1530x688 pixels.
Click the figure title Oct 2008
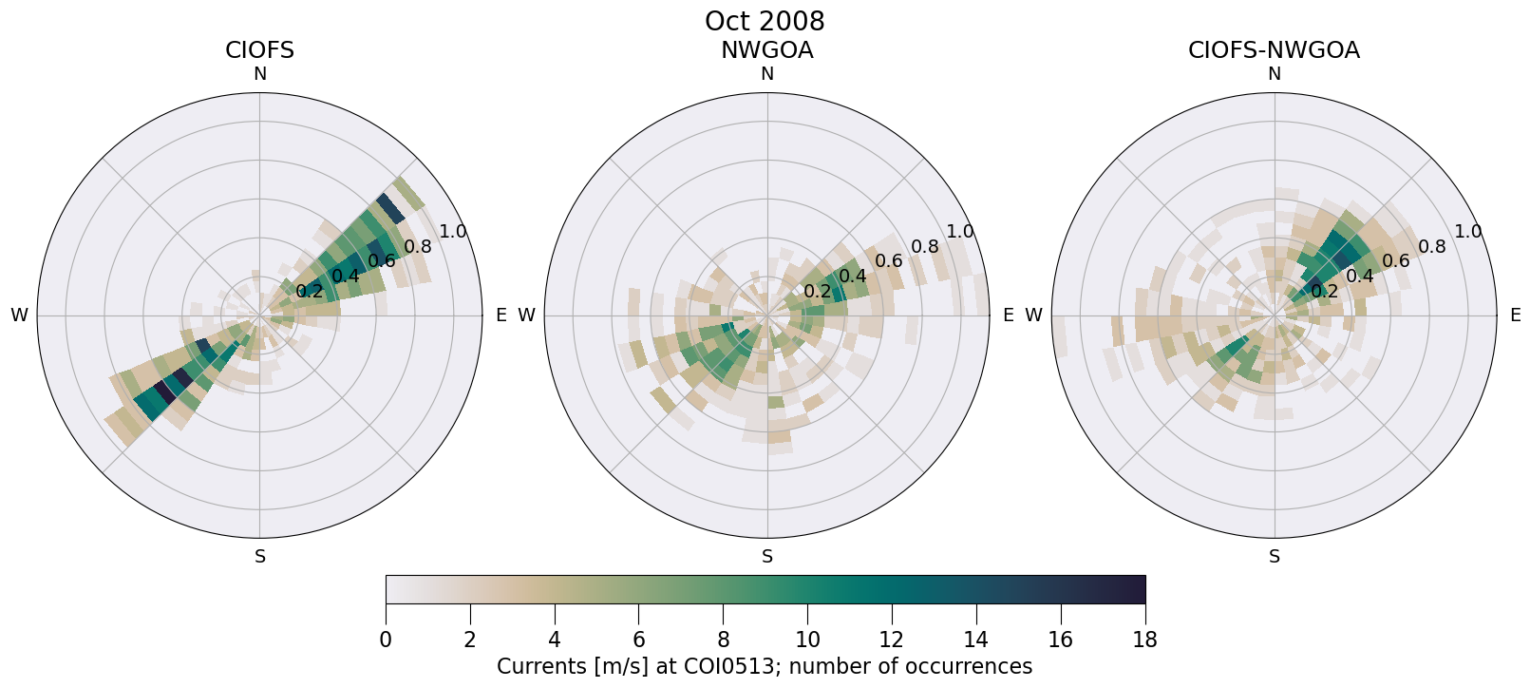pos(765,21)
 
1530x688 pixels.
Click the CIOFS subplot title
pos(259,50)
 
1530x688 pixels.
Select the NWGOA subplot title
pos(766,50)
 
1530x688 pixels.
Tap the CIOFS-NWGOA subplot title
pos(1274,50)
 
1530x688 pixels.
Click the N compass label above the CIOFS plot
pos(259,74)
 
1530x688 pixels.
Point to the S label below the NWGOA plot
pos(767,557)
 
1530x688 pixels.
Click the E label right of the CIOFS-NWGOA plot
pos(1516,315)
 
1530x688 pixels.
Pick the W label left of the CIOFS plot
pos(19,315)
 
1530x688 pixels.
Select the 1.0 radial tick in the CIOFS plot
pos(453,231)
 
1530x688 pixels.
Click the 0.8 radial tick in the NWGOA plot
pos(924,247)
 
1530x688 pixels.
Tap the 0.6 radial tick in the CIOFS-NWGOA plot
pos(1396,260)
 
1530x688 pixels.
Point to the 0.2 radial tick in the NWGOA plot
pos(817,291)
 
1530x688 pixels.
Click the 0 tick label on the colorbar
pos(386,640)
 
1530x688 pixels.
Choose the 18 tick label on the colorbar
pos(1144,640)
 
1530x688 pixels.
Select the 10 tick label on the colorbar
pos(807,640)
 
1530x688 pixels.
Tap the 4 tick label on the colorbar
pos(554,640)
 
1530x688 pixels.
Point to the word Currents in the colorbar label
pos(539,666)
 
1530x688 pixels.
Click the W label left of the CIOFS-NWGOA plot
pos(1034,315)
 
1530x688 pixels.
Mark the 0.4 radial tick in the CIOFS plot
pos(346,276)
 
